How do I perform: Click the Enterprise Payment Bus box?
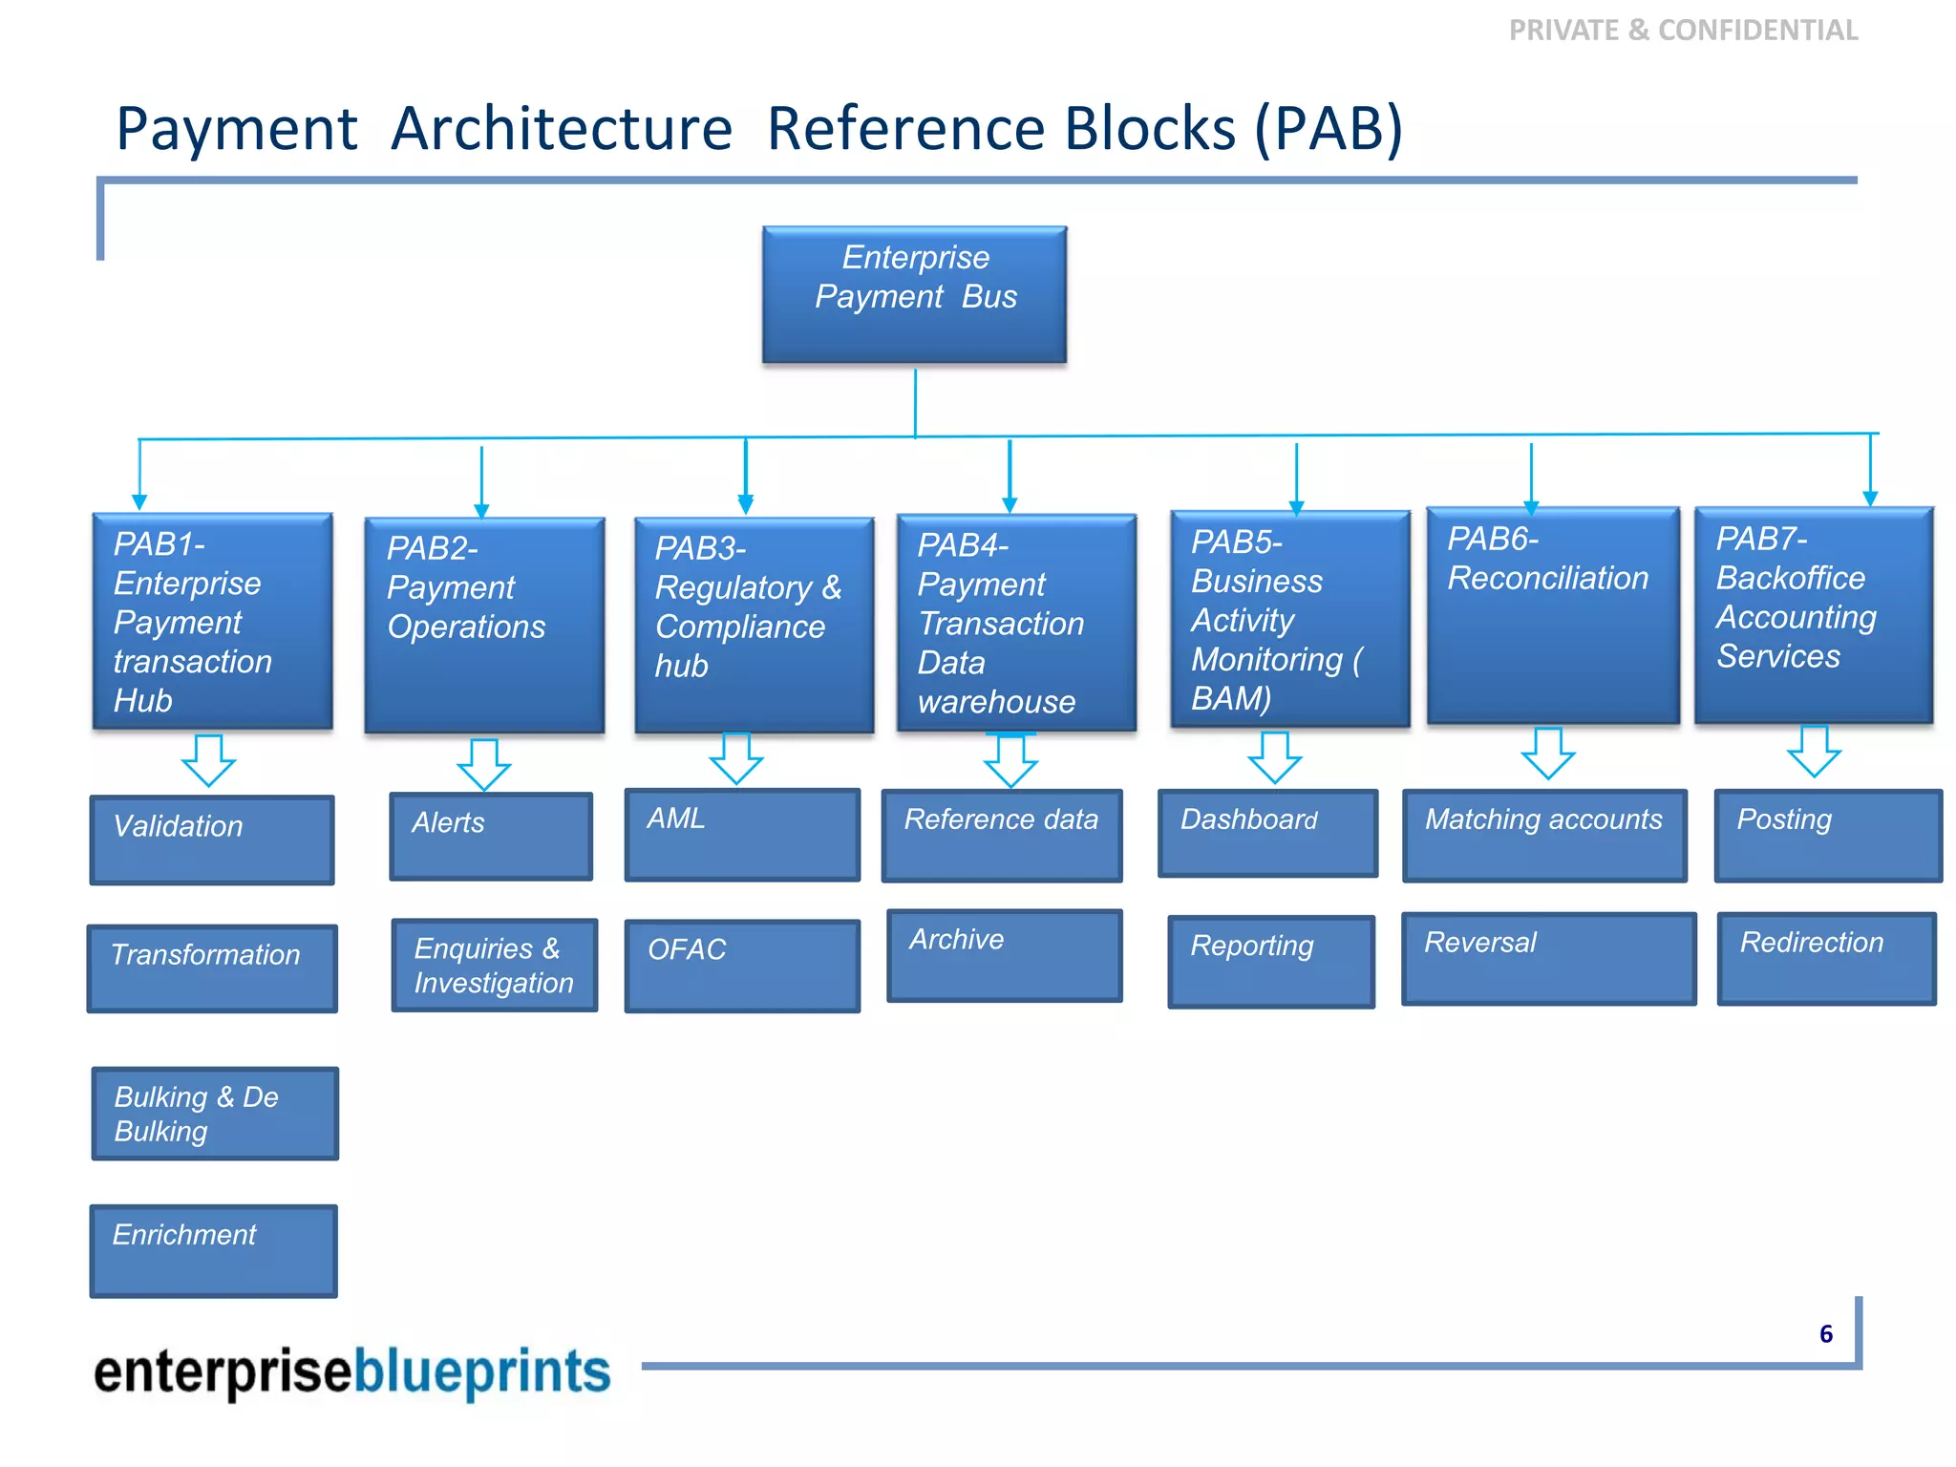coord(914,294)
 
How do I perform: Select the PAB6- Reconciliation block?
coord(1552,616)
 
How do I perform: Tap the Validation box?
coord(212,840)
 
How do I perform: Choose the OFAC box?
coord(742,966)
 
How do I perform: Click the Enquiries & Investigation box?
coord(494,966)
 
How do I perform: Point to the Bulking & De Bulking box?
coord(215,1114)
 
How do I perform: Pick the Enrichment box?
coord(213,1250)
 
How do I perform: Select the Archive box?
coord(1004,955)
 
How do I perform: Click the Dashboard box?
coord(1267,833)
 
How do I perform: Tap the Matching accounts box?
coord(1544,835)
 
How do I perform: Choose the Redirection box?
coord(1826,958)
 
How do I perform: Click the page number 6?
coord(1825,1334)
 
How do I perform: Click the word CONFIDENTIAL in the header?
coord(1757,31)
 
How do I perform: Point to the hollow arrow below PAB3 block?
coord(736,759)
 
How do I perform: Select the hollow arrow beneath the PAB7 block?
coord(1814,752)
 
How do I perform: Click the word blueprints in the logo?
coord(481,1372)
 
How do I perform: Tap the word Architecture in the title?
coord(562,129)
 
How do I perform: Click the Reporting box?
coord(1271,961)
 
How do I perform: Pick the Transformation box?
coord(212,967)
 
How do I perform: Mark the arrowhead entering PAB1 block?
coord(139,502)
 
